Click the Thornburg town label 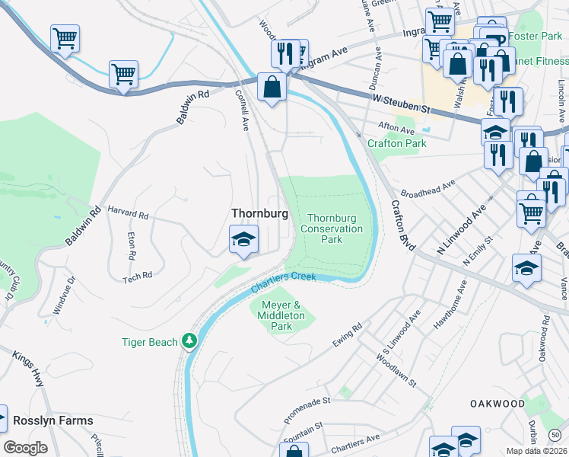tap(259, 214)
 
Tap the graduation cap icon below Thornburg tap(244, 239)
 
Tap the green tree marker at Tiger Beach tap(189, 342)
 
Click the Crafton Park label tap(396, 143)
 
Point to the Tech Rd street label tap(138, 277)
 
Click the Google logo tap(25, 448)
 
